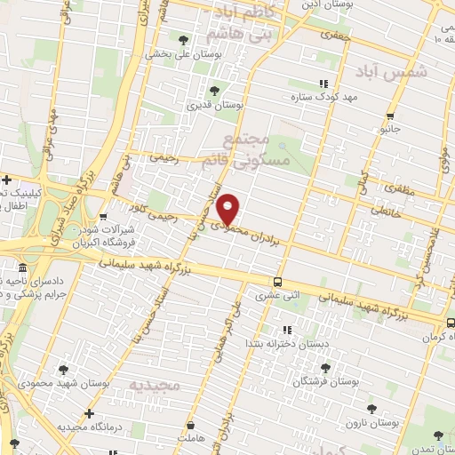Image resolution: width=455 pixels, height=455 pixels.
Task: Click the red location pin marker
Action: (228, 208)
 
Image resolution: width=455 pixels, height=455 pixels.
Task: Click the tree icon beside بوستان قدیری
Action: (213, 90)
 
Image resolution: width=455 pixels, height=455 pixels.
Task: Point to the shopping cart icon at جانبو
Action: (389, 116)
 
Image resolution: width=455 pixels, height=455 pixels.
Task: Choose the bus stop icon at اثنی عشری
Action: (278, 282)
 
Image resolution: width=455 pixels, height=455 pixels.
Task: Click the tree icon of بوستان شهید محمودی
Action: (62, 370)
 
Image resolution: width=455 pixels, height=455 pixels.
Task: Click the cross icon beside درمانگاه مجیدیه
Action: (88, 413)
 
